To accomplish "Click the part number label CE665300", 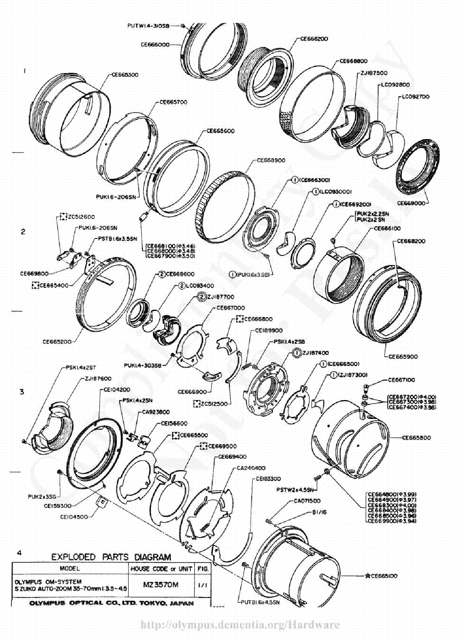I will click(x=125, y=75).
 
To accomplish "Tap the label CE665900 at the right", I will click(x=403, y=356).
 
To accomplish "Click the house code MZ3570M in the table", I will click(x=160, y=585).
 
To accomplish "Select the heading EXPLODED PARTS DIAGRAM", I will click(x=111, y=557).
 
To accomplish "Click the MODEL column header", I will click(x=70, y=568).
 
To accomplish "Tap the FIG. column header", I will click(x=203, y=569).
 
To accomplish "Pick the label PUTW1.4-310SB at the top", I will click(x=148, y=26).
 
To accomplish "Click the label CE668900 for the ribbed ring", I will click(x=271, y=160).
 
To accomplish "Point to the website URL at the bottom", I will click(x=240, y=625).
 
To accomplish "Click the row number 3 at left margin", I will click(x=22, y=391).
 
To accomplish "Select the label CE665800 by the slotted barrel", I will click(x=416, y=438).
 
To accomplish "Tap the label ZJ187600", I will click(x=98, y=378).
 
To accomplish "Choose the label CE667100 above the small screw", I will click(x=401, y=380).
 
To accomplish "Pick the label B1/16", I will click(x=319, y=512).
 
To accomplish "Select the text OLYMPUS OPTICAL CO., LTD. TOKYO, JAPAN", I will click(x=111, y=603).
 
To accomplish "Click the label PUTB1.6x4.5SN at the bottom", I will click(x=260, y=602).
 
